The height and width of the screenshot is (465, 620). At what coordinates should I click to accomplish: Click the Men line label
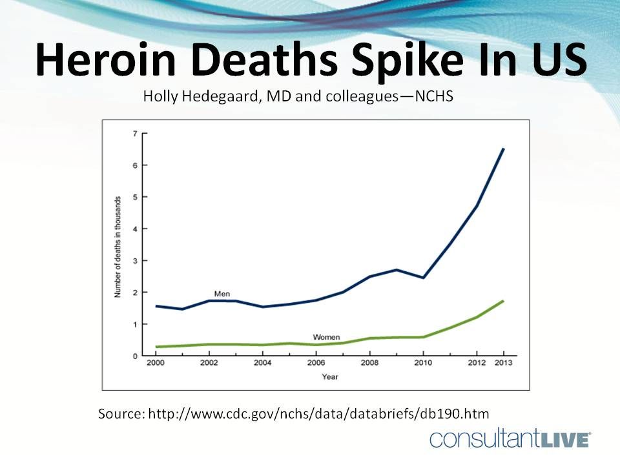(x=222, y=294)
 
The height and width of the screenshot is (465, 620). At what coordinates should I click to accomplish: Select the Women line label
(x=326, y=337)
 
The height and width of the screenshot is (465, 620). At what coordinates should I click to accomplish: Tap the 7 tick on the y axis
(x=135, y=134)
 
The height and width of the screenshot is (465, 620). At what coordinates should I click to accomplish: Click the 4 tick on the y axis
(x=135, y=229)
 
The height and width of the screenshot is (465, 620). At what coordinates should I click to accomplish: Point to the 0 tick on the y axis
(x=135, y=356)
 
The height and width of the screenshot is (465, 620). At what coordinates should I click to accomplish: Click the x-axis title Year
(x=329, y=377)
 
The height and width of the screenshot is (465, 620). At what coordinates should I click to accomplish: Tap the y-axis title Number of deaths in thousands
(x=118, y=244)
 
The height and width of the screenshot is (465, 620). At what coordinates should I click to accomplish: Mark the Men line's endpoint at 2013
(x=503, y=149)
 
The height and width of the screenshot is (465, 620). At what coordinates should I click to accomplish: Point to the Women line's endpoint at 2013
(x=503, y=301)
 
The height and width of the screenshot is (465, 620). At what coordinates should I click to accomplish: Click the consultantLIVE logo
(x=510, y=439)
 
